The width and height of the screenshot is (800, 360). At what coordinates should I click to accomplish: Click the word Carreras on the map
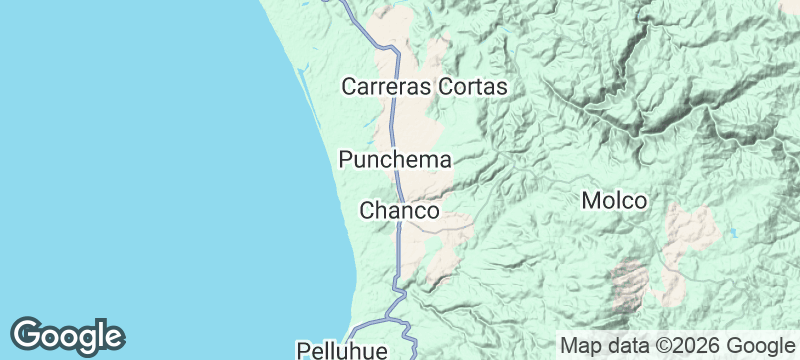click(387, 87)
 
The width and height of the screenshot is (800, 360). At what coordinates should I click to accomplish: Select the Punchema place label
click(396, 159)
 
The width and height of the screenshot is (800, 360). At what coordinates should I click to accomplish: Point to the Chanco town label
click(399, 211)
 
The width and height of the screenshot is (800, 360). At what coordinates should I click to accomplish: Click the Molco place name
click(614, 201)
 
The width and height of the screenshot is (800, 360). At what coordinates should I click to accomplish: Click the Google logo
click(67, 336)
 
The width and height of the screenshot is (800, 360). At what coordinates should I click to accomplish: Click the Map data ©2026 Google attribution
click(674, 346)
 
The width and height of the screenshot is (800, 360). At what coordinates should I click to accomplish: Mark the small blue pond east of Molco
click(733, 233)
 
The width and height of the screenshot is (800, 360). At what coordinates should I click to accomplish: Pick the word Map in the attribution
click(580, 346)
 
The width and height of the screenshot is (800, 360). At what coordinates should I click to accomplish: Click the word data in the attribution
click(625, 346)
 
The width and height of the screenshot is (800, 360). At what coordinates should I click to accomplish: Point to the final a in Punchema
click(446, 159)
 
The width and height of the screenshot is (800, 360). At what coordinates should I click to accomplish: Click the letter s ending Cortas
click(503, 87)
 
